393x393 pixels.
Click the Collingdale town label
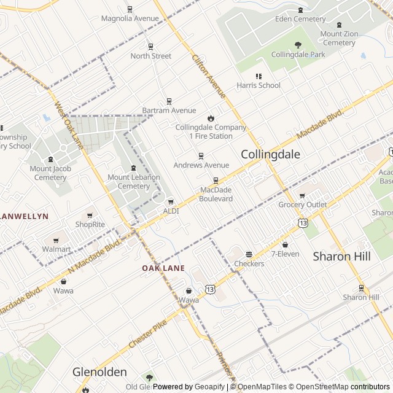pos(271,154)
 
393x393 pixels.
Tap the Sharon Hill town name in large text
pos(342,256)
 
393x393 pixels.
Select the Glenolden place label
pos(99,372)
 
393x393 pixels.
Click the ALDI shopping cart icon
pos(171,201)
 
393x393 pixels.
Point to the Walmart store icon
pos(56,239)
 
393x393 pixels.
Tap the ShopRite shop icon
pos(90,215)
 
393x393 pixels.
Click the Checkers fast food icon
pos(249,254)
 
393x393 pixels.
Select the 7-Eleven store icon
pos(285,244)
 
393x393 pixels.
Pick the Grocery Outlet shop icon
pos(302,195)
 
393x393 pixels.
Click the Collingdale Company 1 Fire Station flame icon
pos(211,118)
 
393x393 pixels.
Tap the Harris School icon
pos(259,76)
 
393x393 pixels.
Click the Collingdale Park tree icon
pos(298,45)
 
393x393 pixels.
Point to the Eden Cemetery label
pos(300,19)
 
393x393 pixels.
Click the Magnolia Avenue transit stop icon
pos(130,9)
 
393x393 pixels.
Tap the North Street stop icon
pos(150,47)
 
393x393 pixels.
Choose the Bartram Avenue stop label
pos(169,111)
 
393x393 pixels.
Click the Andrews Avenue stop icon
pos(201,156)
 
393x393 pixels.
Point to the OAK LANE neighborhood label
pos(163,268)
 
